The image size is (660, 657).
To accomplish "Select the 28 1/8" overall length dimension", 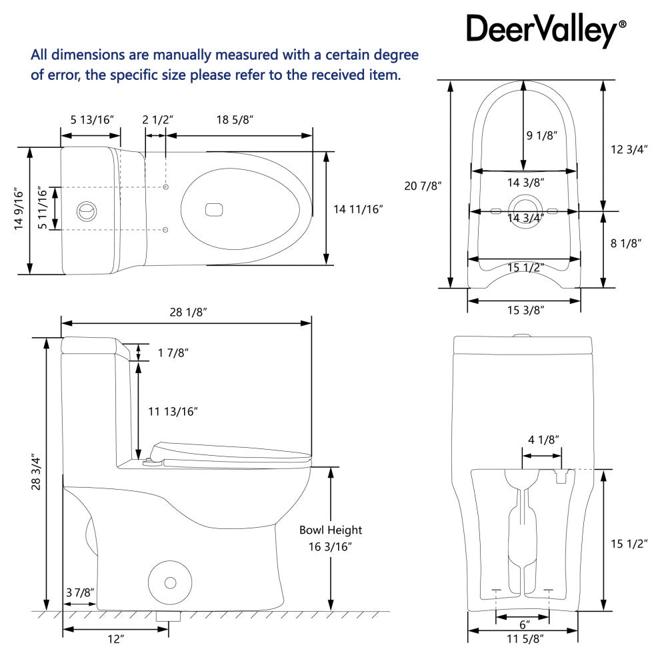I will tap(186, 312).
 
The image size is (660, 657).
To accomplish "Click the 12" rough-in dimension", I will tap(116, 640).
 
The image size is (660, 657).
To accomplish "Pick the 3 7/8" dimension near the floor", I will tap(80, 593).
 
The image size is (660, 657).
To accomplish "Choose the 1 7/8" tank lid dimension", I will tap(173, 352).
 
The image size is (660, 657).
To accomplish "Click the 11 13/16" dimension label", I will tap(173, 412).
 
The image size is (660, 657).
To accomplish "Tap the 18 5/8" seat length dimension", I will tap(235, 120).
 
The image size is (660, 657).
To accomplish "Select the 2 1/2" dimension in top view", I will tap(157, 120).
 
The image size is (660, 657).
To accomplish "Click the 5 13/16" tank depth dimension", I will tap(92, 120).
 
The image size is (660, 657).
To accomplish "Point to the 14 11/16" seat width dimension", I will tap(359, 209).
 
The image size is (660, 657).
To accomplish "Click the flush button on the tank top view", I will tap(85, 209).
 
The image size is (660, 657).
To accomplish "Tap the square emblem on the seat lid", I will tap(214, 209).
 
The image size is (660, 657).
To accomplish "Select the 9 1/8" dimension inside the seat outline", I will tap(541, 135).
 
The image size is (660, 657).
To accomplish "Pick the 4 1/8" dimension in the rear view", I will tap(543, 440).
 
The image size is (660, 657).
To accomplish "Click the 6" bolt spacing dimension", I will tap(524, 625).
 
